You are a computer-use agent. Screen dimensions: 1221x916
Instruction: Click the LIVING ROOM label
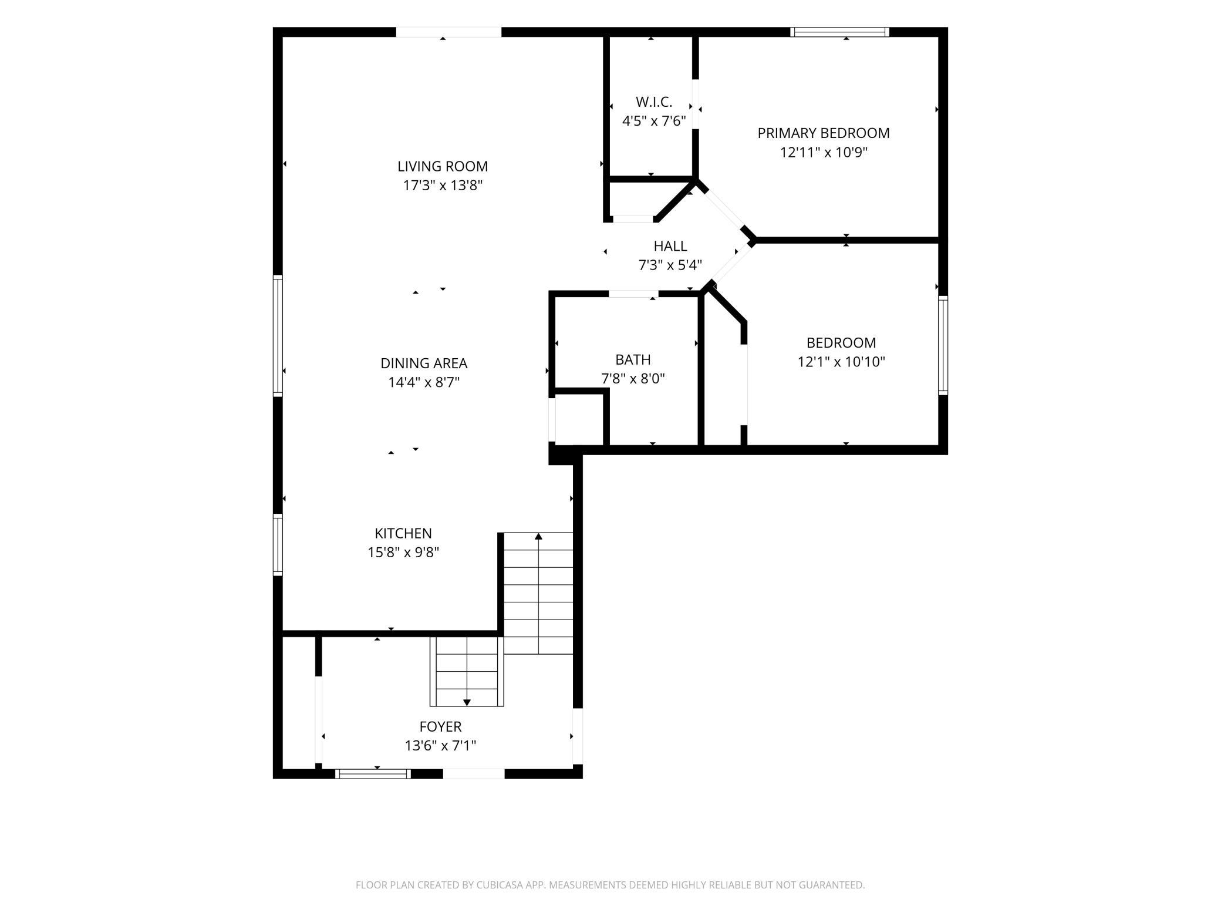[443, 166]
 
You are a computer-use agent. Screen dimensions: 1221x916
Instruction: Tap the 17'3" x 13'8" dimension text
[443, 186]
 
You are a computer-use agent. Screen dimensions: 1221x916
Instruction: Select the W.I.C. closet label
[654, 102]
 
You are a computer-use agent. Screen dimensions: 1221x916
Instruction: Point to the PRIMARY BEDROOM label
[824, 133]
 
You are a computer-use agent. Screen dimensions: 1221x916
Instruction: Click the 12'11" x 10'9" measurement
[824, 153]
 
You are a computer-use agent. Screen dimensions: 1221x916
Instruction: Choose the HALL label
[670, 246]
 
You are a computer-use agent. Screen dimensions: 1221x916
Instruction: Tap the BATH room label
[633, 359]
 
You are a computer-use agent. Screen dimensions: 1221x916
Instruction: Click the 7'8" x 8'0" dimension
[633, 379]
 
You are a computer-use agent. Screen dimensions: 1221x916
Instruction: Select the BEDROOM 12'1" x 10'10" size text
[841, 362]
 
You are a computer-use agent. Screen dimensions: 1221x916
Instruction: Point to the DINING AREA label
[424, 363]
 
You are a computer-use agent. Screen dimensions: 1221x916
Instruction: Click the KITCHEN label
[403, 533]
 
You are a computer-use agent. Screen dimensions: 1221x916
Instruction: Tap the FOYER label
[440, 727]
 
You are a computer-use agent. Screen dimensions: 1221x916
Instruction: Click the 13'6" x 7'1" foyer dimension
[440, 746]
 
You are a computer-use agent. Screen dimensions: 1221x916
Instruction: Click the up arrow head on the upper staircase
[538, 536]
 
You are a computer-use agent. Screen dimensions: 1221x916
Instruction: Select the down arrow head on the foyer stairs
[467, 702]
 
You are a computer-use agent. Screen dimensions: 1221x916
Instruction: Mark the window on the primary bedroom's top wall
[839, 32]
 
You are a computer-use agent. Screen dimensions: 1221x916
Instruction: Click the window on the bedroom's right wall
[943, 345]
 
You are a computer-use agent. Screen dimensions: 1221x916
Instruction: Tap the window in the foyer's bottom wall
[373, 774]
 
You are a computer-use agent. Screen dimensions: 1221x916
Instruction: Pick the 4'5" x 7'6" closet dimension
[654, 121]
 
